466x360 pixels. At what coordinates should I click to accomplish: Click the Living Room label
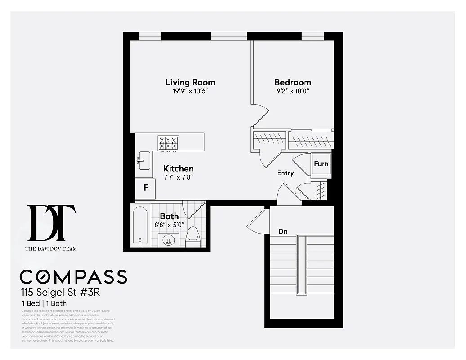tap(190, 82)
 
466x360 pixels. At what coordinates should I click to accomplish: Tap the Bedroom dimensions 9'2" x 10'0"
tap(292, 91)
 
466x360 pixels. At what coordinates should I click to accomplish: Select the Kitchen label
tap(178, 169)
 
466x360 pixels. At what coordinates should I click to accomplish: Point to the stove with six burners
tap(168, 143)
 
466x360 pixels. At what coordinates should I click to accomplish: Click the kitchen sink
tap(144, 161)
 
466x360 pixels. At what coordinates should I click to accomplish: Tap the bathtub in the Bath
tap(140, 227)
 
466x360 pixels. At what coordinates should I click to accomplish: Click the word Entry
tap(285, 173)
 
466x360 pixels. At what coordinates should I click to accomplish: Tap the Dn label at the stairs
tap(283, 232)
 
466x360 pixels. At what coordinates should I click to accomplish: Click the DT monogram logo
tap(51, 223)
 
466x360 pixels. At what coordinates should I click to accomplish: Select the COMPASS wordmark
tap(73, 277)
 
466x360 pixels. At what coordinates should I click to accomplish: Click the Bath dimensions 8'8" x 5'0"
tap(169, 225)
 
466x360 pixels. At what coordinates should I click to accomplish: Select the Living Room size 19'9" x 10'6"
tap(190, 91)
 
